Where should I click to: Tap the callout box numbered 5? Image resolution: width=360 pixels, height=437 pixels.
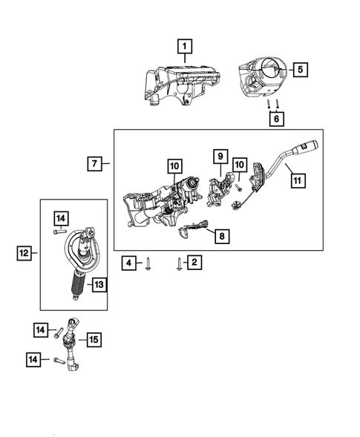pos(300,70)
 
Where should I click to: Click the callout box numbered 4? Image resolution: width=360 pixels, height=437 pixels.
pos(129,262)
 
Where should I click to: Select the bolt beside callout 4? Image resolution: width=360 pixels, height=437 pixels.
pos(149,263)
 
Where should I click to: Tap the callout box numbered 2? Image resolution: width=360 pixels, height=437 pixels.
pos(194,262)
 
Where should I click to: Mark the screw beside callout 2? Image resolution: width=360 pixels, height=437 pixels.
pos(179,263)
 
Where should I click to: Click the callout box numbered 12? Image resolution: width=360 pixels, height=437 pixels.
pos(24,254)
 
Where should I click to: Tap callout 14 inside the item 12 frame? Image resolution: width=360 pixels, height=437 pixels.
pos(60,217)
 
